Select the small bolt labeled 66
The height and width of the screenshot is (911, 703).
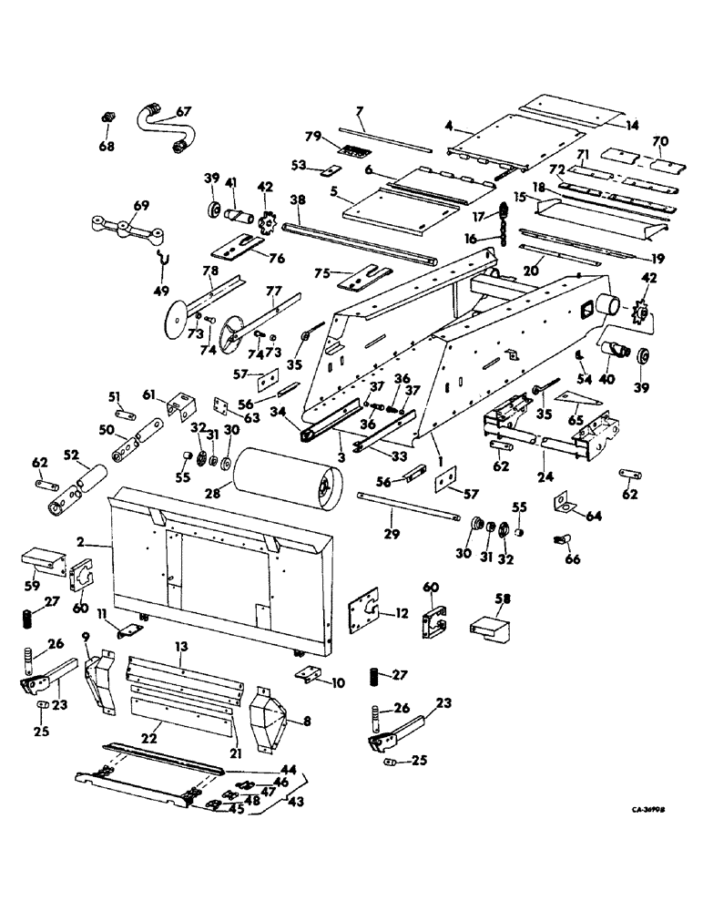(561, 542)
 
